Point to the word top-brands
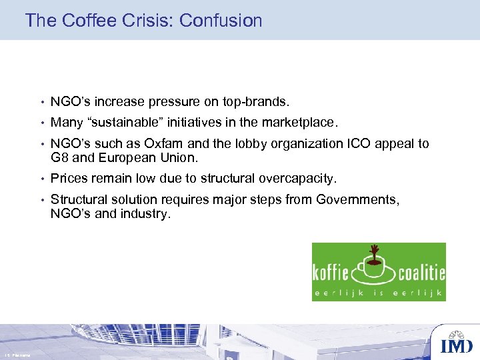(256, 102)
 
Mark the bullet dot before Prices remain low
(41, 179)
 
